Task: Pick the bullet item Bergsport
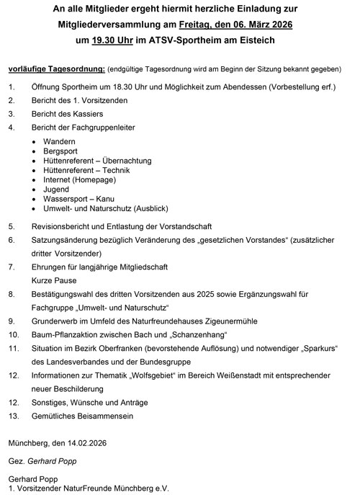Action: click(63, 152)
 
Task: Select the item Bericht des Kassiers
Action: click(66, 114)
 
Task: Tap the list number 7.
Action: click(12, 267)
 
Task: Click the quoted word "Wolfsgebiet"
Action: click(164, 375)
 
